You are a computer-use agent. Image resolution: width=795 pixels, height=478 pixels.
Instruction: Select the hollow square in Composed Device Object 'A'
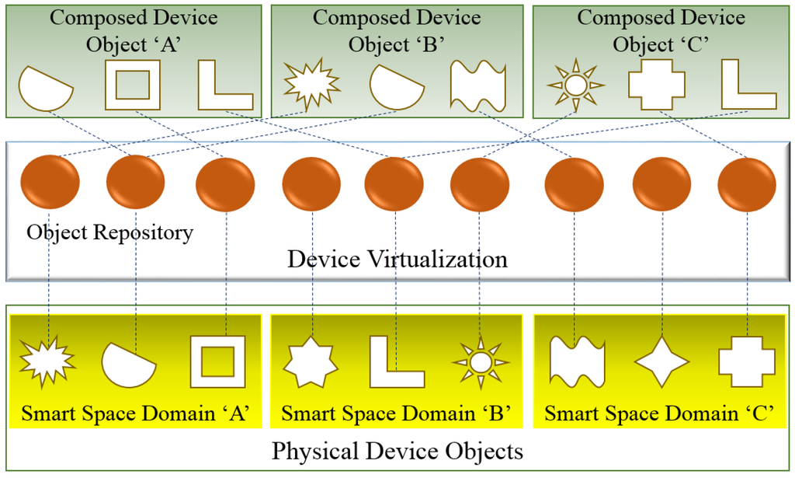point(132,84)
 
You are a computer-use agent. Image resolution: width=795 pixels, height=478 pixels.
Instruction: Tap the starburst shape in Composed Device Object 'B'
point(311,82)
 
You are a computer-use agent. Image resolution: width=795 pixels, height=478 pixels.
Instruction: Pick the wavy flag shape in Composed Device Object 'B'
point(477,84)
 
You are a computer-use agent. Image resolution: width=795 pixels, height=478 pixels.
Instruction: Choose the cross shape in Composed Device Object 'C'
point(657,84)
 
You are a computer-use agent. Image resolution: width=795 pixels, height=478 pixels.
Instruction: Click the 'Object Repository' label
point(109,232)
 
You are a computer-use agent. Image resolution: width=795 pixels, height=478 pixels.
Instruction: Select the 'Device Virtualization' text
point(397,258)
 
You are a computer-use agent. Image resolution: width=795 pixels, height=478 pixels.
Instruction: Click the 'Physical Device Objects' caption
point(397,451)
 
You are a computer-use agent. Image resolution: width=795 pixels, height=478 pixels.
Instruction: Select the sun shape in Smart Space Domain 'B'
point(481,361)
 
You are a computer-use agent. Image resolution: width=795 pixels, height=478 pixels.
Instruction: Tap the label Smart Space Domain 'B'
point(395,413)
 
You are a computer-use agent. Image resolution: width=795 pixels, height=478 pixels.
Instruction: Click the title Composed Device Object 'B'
point(396,31)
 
